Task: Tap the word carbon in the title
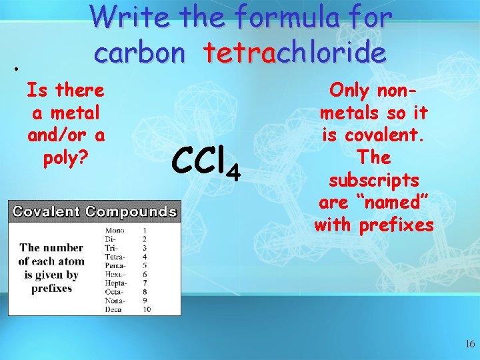coord(139,53)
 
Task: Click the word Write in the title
coord(131,18)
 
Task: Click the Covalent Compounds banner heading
coord(94,212)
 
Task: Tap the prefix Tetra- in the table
coord(113,256)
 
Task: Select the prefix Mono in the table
coord(114,230)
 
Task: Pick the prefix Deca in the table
coord(114,309)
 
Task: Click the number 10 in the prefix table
coord(146,309)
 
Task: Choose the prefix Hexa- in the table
coord(114,274)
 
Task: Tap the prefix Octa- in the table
coord(114,291)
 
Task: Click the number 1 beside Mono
coord(145,230)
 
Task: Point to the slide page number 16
coord(470,343)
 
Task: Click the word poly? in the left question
coord(66,158)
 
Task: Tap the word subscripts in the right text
coord(373,180)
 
